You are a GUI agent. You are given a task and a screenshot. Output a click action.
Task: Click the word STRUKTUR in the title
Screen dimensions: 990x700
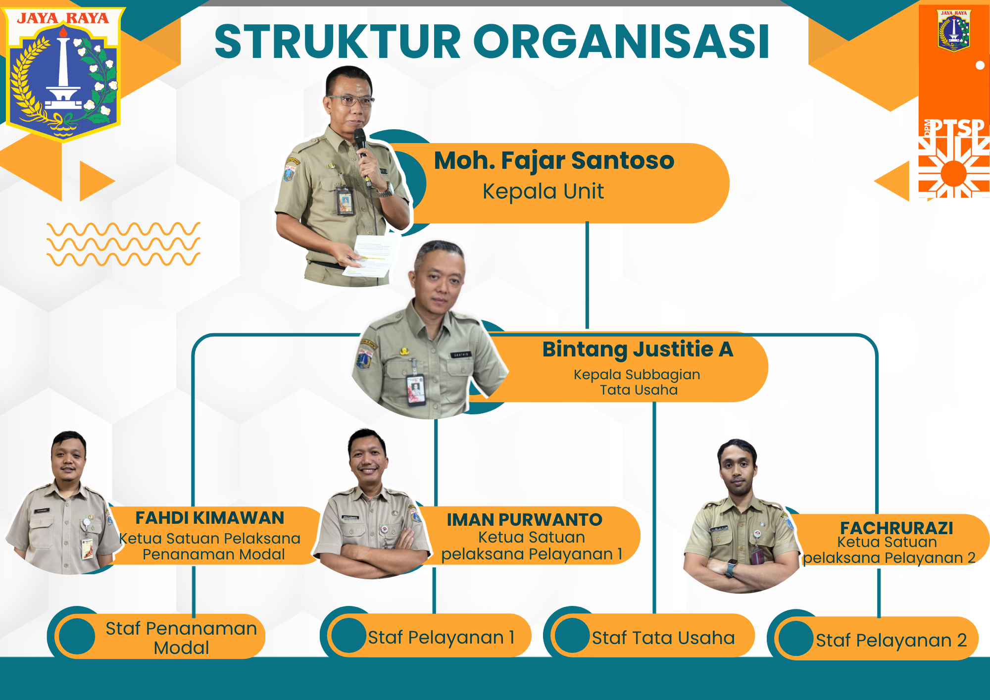click(338, 42)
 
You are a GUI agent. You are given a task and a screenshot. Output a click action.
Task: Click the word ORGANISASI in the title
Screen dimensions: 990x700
click(621, 42)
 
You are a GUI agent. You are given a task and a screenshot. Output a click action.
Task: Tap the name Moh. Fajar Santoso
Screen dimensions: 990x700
click(554, 161)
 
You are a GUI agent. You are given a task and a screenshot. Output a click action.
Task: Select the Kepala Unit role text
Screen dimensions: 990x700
click(543, 192)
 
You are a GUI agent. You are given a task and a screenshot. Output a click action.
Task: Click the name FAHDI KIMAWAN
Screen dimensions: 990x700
click(210, 518)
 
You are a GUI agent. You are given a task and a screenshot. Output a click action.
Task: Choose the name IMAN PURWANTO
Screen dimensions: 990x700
click(524, 520)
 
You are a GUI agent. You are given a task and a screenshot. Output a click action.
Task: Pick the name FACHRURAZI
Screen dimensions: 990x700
click(896, 528)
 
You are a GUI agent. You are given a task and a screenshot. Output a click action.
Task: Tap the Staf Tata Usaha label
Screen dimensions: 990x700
click(663, 638)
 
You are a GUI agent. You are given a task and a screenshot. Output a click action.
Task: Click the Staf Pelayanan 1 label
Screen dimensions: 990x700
click(441, 637)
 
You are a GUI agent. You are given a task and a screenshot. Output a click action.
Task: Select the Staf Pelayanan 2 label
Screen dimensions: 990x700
click(891, 640)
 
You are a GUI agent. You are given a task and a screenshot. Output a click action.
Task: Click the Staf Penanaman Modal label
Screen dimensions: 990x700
click(181, 638)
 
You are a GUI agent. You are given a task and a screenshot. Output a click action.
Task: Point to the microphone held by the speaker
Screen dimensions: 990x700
click(361, 149)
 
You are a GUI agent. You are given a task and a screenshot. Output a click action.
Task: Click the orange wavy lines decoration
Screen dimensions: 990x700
click(124, 244)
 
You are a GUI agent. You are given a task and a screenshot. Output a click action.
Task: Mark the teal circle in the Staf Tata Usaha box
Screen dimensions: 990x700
click(572, 635)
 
